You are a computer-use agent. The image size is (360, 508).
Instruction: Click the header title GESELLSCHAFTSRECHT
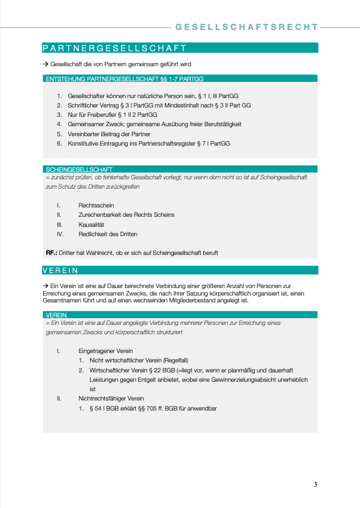pos(247,27)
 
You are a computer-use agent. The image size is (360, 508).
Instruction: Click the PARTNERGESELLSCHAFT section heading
pos(114,47)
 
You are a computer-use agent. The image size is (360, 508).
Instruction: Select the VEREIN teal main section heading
pos(60,271)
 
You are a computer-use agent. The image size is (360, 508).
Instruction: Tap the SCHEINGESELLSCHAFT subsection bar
pos(79,169)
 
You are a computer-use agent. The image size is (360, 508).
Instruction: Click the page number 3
pos(316,484)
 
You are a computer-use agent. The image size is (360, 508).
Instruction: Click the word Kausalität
pos(91,224)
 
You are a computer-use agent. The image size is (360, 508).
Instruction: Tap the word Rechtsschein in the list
pos(96,205)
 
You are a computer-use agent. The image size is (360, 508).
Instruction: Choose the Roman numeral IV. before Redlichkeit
pos(60,234)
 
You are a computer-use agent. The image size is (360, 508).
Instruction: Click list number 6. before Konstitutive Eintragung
pos(59,143)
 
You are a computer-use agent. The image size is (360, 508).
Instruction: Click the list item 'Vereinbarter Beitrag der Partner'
pos(108,134)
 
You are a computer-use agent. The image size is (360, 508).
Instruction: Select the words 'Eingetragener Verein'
pos(105,351)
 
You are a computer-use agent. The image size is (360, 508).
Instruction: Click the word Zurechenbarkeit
pos(100,214)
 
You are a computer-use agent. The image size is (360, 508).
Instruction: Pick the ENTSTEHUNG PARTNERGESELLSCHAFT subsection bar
pos(125,79)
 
